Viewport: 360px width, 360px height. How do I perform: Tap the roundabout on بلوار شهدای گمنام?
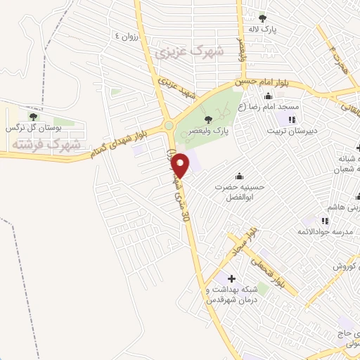[169, 127]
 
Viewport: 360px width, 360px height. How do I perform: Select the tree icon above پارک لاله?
[262, 18]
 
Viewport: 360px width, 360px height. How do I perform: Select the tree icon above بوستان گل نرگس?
[32, 116]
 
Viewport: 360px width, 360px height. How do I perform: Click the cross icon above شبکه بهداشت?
[232, 278]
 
